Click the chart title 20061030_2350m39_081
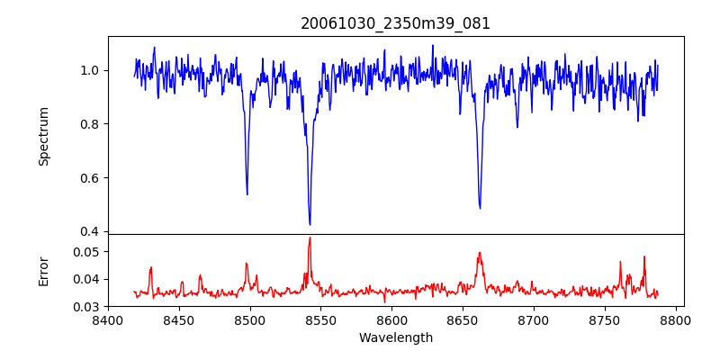pos(395,23)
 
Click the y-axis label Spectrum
pos(43,136)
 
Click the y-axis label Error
pos(43,270)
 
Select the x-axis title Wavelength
pos(395,338)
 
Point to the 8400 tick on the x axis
pos(108,319)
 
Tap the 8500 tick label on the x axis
pos(250,319)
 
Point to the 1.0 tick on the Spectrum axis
pos(91,70)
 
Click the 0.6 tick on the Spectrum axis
pos(91,177)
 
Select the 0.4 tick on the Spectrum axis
pos(91,231)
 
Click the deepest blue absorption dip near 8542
pos(310,224)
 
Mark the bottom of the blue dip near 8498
pos(247,193)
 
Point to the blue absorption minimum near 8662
pos(480,208)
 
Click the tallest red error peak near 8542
pos(310,238)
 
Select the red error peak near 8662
pos(480,253)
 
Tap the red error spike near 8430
pos(151,267)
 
